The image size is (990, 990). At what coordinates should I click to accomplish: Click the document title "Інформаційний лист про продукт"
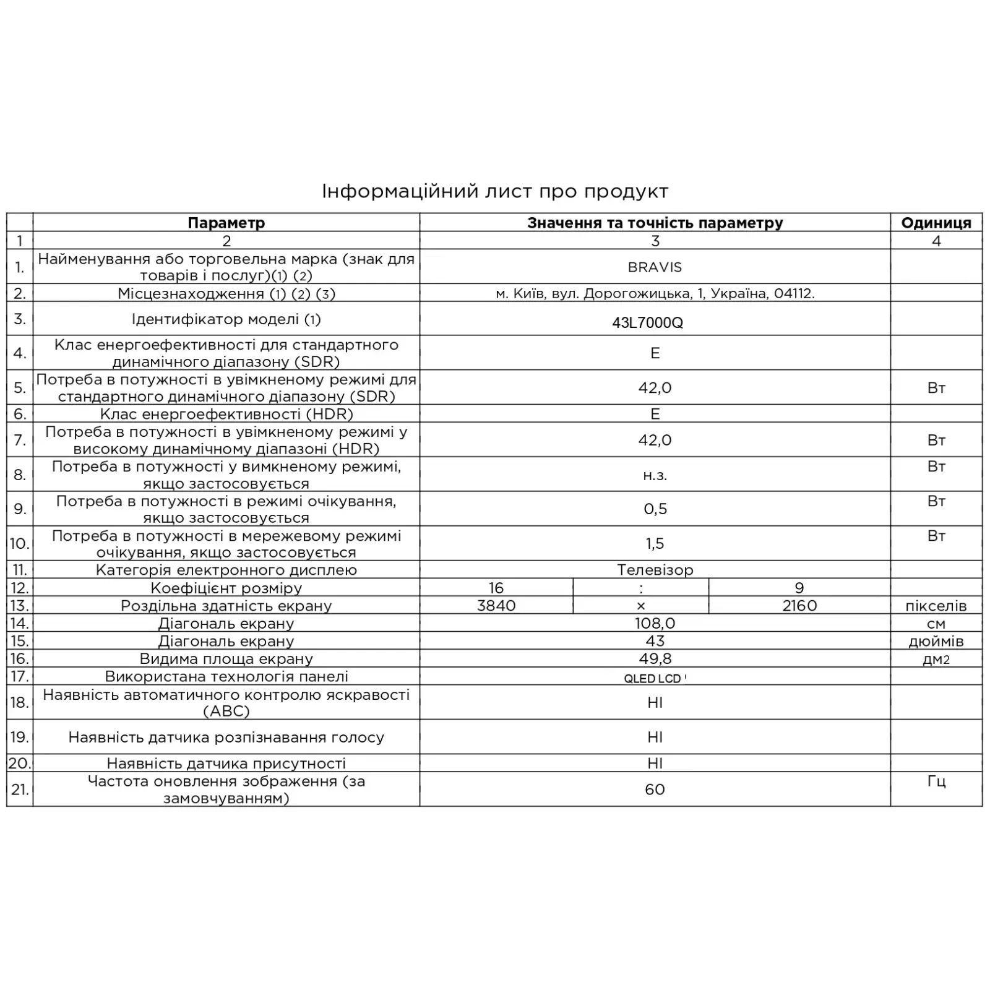click(495, 191)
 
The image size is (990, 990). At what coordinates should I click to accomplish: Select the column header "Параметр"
click(226, 223)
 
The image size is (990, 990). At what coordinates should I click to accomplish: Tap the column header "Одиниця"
click(936, 223)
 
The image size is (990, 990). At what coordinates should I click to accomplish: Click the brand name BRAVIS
click(655, 267)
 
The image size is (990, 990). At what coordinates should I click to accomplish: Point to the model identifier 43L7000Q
click(647, 322)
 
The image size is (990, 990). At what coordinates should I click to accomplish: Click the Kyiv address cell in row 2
click(655, 293)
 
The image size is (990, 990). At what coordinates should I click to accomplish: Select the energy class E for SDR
click(655, 353)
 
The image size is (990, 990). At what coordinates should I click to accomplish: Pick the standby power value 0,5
click(655, 509)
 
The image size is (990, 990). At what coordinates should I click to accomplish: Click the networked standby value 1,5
click(655, 543)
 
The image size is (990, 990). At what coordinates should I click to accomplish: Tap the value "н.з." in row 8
click(655, 475)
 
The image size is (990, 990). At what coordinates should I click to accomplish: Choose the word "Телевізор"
click(655, 570)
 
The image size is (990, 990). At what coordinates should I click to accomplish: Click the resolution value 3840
click(496, 605)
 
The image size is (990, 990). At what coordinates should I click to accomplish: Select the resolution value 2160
click(799, 605)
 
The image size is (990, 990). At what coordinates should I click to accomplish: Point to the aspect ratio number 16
click(496, 588)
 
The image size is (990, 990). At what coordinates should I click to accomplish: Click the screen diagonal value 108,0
click(655, 623)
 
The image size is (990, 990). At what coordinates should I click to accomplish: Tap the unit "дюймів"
click(936, 641)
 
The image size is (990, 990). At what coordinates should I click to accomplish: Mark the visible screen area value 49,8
click(655, 658)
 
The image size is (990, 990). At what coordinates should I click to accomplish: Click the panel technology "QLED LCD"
click(652, 678)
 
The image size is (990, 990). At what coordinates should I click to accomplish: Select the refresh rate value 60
click(655, 789)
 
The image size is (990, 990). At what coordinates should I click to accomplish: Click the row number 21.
click(20, 789)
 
